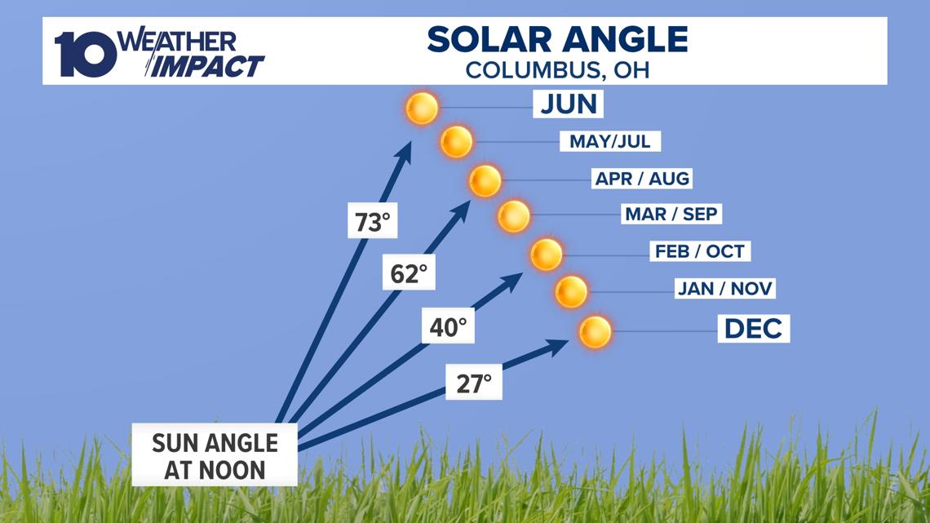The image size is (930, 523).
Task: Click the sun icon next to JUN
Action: tap(423, 108)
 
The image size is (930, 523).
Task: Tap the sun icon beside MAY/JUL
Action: tap(457, 142)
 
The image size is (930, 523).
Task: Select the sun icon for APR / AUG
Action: tap(485, 180)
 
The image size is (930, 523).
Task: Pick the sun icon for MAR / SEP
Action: tap(514, 216)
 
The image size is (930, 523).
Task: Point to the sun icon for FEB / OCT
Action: tap(547, 255)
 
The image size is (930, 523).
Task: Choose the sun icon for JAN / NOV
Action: tap(571, 291)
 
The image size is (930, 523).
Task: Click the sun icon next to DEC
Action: tap(595, 331)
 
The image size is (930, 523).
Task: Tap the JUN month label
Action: tap(569, 104)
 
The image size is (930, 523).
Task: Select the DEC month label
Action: tap(753, 328)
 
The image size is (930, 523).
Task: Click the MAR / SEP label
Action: tap(671, 214)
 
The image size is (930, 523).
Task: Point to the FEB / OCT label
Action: tap(699, 250)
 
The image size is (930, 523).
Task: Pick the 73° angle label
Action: tap(373, 222)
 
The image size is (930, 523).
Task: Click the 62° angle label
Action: tap(409, 273)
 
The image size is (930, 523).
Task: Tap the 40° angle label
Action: tap(448, 326)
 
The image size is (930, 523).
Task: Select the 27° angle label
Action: tap(474, 383)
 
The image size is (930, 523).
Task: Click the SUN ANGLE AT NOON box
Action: tap(215, 455)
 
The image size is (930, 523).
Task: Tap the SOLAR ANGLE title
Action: tap(557, 40)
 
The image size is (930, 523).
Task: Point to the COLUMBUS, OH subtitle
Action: tap(557, 70)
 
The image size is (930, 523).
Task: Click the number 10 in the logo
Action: tap(86, 54)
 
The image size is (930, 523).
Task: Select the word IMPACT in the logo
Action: tap(206, 66)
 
